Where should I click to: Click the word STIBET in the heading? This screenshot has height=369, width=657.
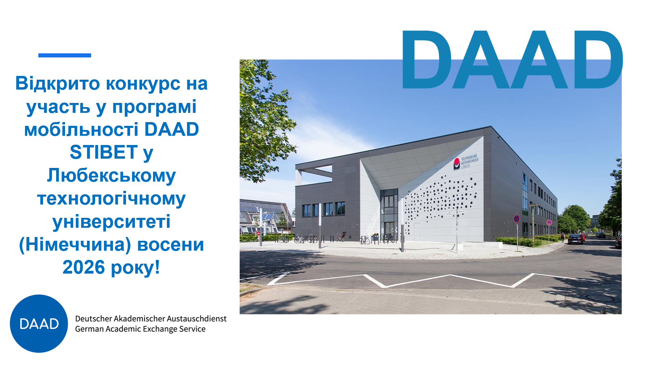(103, 153)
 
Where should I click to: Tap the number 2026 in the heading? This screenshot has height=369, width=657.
(84, 267)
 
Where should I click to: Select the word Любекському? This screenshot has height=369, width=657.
(111, 175)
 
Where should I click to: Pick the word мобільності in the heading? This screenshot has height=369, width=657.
(81, 130)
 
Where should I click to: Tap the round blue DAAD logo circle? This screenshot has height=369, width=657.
(39, 324)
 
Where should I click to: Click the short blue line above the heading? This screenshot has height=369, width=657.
(65, 55)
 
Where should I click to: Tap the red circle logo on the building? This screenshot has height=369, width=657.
(457, 162)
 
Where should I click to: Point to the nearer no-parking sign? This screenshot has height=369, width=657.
(517, 219)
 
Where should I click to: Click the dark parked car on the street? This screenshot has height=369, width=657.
(576, 239)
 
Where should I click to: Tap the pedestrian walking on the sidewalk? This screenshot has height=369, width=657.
(563, 237)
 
